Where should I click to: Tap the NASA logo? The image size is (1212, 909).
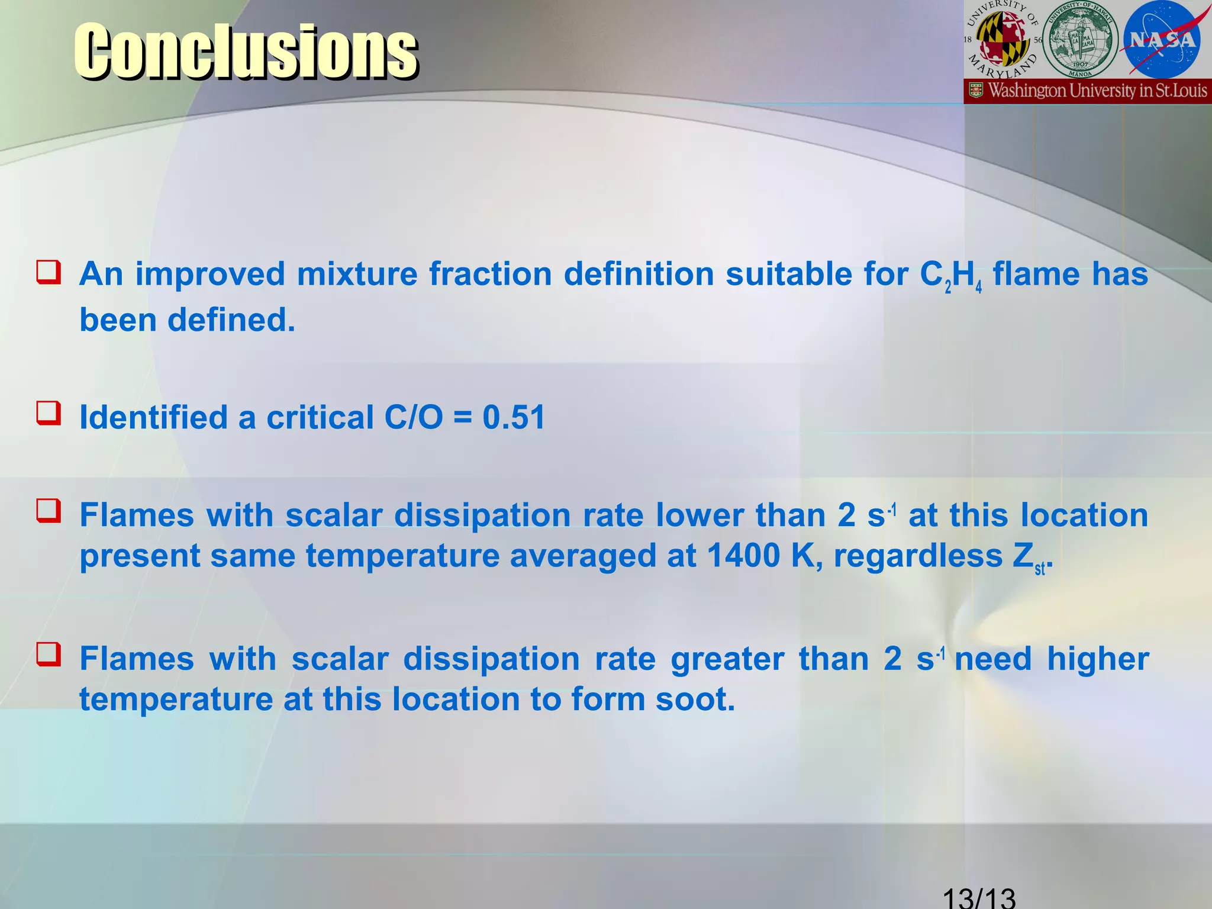(1162, 40)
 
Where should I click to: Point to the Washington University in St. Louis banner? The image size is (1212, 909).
(1088, 91)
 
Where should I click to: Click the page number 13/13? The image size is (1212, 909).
(979, 896)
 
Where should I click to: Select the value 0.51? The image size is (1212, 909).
(514, 417)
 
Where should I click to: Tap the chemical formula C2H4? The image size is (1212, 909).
(950, 275)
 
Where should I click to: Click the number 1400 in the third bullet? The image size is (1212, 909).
(743, 556)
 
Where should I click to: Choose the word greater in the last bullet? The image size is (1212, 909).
(727, 659)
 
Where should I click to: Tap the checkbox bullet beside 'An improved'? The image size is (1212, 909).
(49, 272)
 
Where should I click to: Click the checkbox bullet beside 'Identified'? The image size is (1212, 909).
(49, 413)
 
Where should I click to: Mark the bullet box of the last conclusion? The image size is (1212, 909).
(49, 655)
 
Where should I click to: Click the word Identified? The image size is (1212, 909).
(153, 417)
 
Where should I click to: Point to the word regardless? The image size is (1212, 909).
(918, 556)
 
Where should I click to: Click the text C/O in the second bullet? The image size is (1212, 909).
(413, 417)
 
